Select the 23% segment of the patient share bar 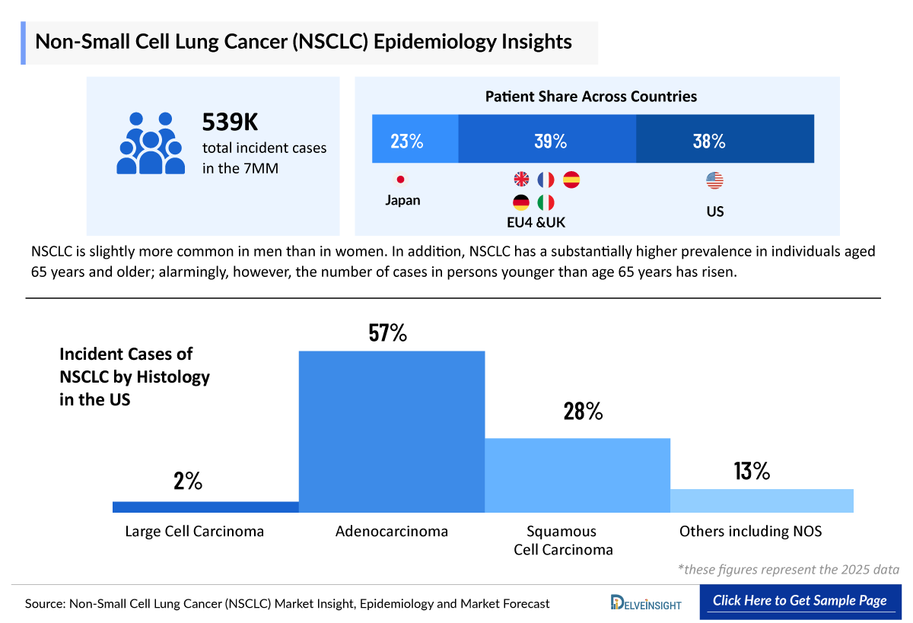click(415, 139)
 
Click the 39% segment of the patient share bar click(547, 139)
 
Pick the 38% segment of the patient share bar click(724, 139)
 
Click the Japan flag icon click(400, 180)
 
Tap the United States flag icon click(714, 180)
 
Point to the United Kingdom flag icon click(521, 180)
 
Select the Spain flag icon click(571, 180)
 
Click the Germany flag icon click(521, 202)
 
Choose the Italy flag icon click(546, 202)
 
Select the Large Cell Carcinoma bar click(205, 507)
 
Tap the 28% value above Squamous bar click(583, 412)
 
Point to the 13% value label click(752, 472)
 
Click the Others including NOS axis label click(750, 532)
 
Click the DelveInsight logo click(647, 602)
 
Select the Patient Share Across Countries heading click(591, 97)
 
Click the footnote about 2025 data click(788, 570)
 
